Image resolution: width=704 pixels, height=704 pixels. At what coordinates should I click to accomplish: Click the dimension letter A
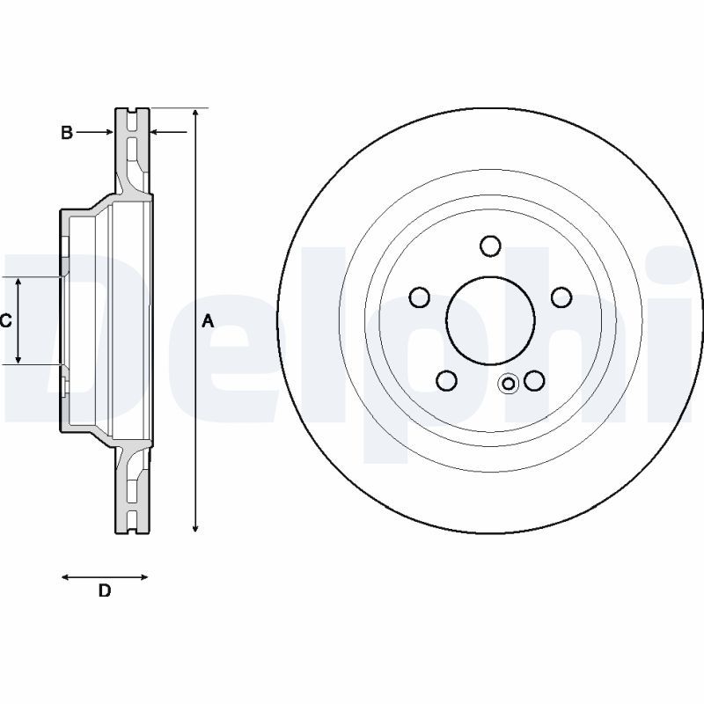point(208,321)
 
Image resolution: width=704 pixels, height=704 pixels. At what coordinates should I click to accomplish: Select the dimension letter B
point(66,133)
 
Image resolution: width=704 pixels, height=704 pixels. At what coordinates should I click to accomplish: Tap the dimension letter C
point(5,320)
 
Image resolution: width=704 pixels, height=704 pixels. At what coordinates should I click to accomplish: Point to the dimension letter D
point(104,591)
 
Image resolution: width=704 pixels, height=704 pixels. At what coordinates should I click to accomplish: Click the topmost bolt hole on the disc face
point(490,245)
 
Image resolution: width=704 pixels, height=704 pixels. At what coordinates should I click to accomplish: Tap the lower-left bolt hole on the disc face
point(447,380)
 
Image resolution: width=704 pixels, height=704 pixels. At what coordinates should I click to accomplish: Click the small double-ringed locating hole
point(508,384)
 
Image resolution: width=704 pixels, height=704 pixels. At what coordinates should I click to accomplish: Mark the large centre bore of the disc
point(490,319)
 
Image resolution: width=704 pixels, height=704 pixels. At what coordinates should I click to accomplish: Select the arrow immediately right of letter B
point(107,133)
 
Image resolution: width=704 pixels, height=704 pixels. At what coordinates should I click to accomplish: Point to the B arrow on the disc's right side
point(157,133)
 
